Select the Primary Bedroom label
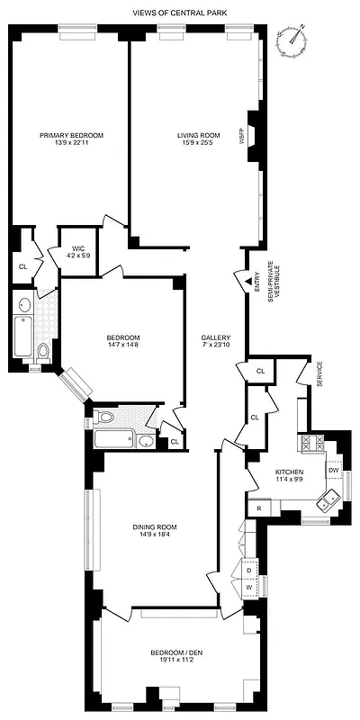[71, 135]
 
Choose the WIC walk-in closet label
[72, 249]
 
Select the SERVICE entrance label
[318, 374]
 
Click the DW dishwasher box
[333, 470]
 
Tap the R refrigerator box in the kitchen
[259, 508]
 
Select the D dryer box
[249, 569]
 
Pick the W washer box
[249, 588]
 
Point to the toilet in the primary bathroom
[42, 349]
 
